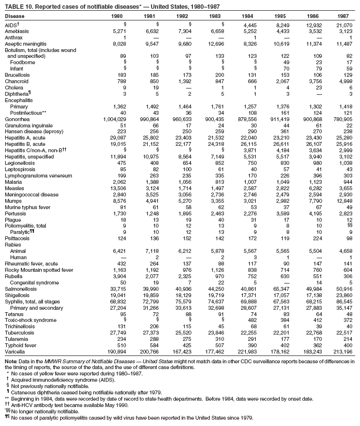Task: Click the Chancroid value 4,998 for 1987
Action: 344,81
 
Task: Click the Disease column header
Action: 14,16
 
